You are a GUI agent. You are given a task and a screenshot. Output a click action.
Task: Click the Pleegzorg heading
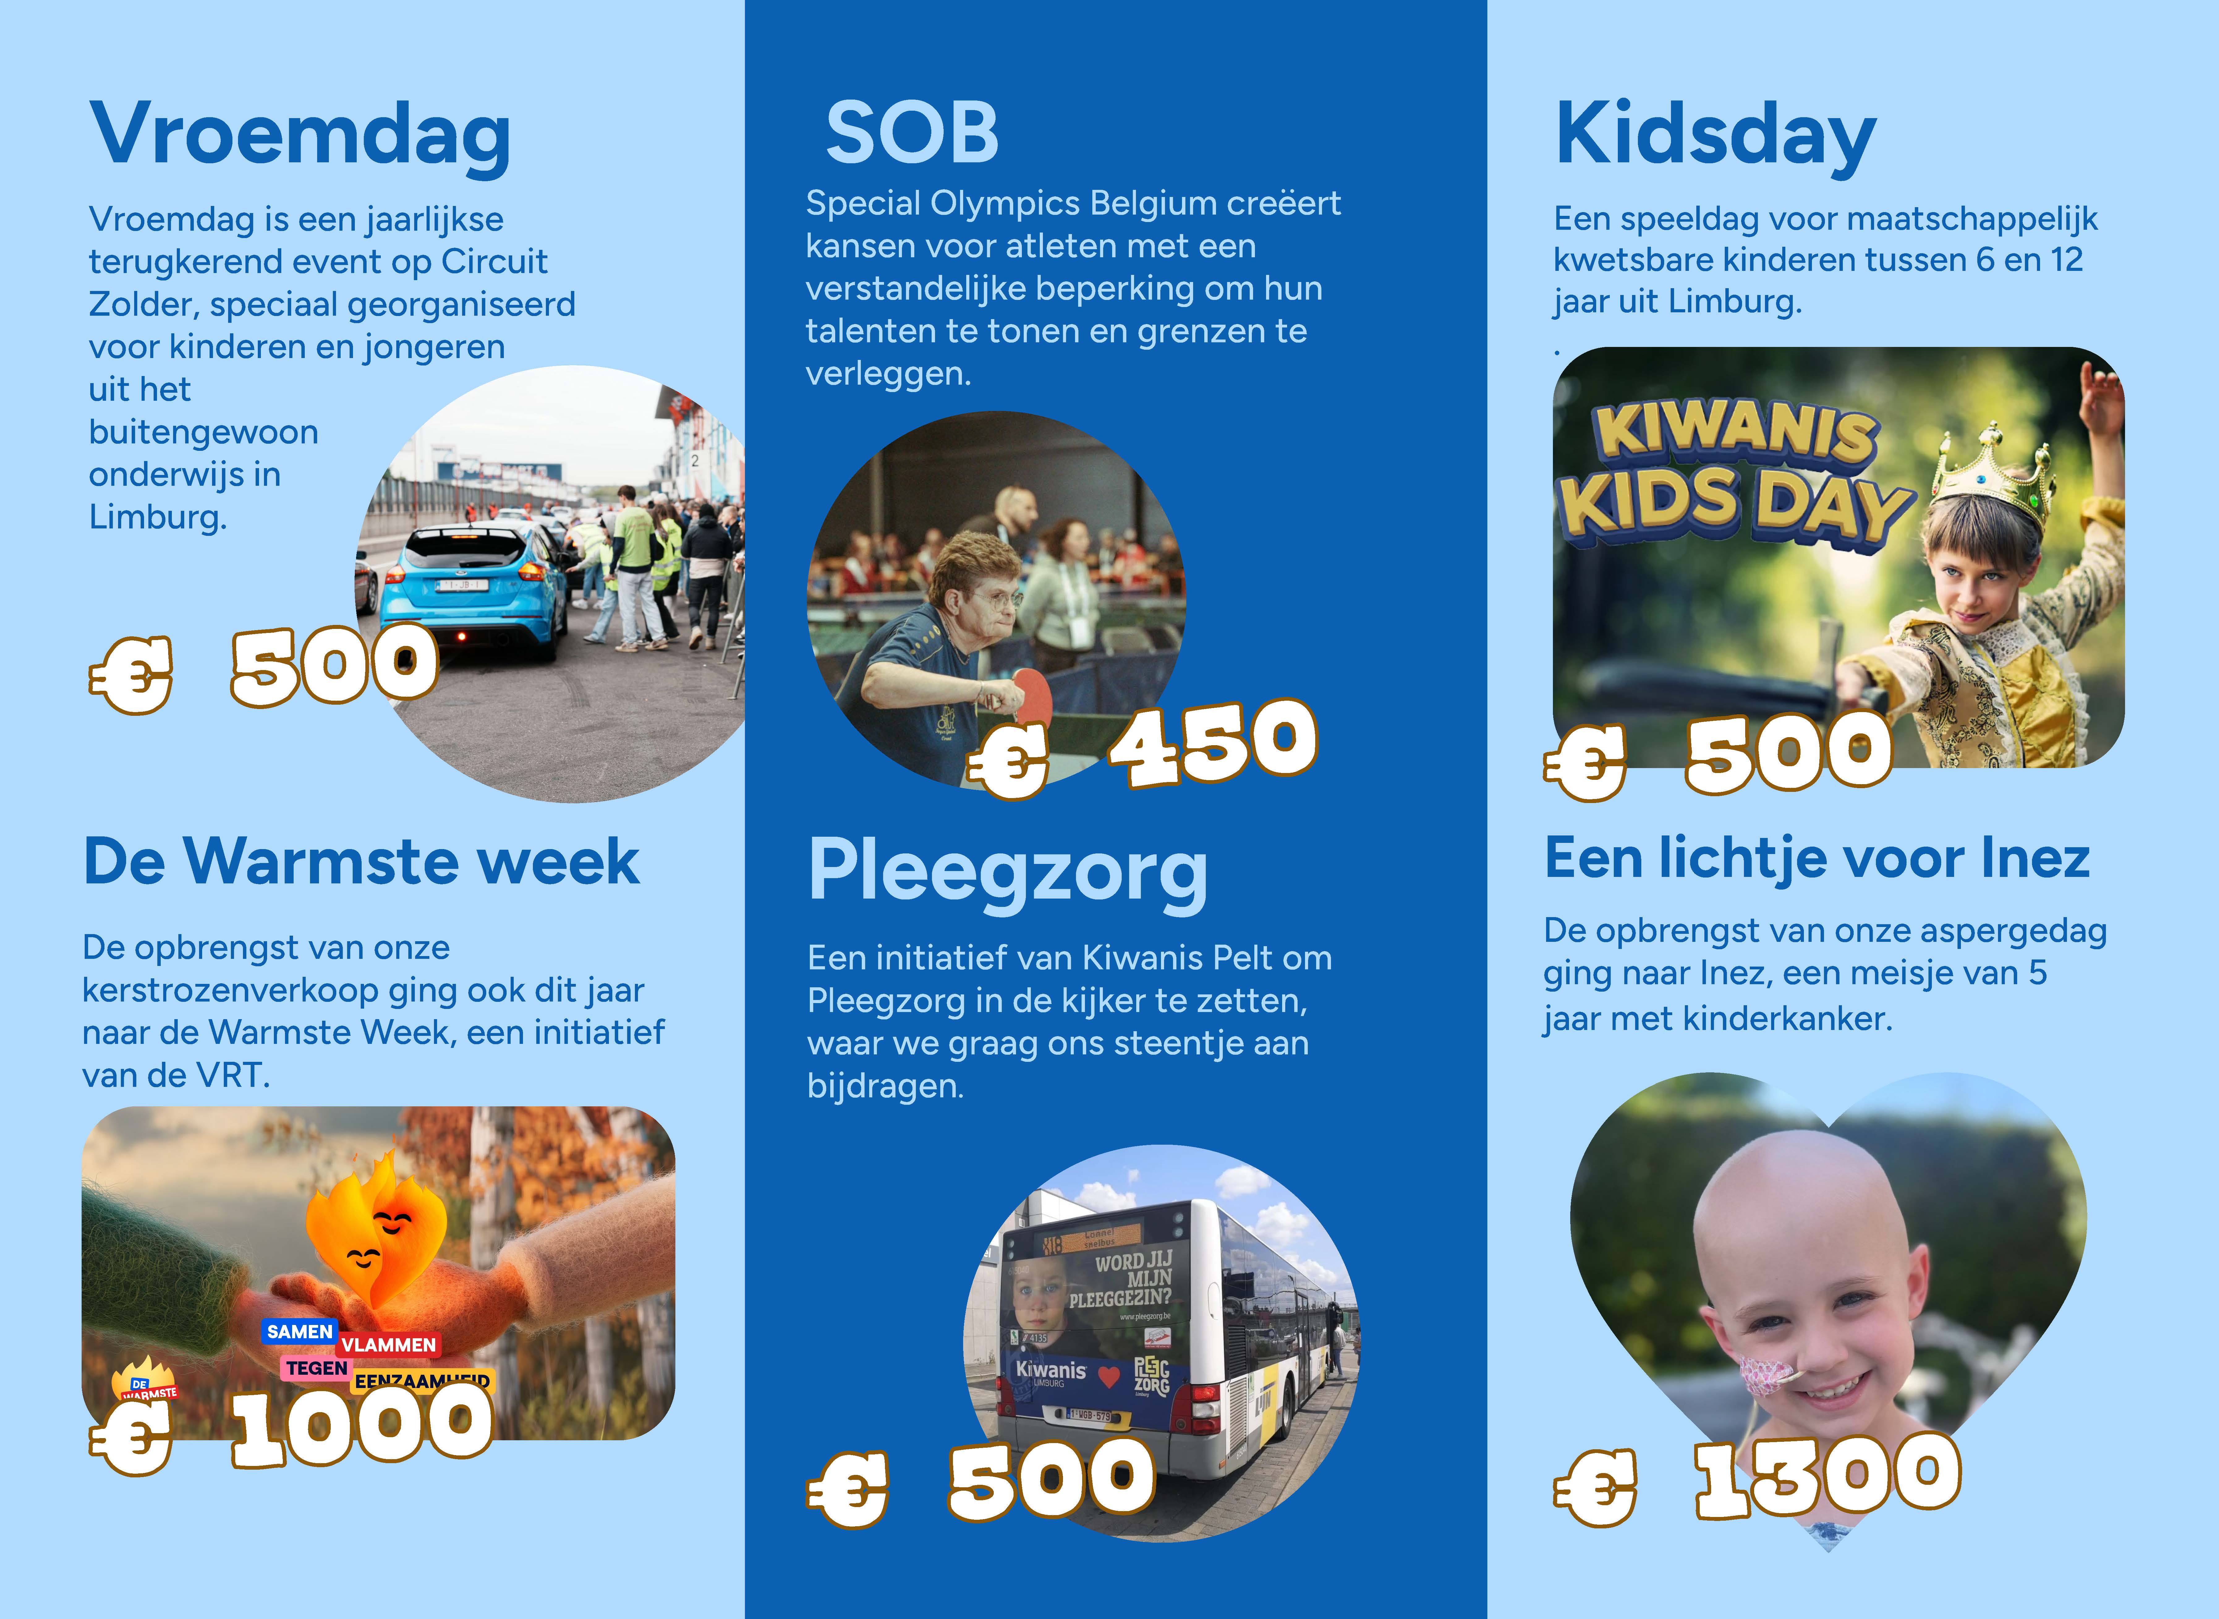point(1007,873)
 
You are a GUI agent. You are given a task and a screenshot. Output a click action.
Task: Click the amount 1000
point(362,1426)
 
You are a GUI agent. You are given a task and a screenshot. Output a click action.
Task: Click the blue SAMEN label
point(300,1331)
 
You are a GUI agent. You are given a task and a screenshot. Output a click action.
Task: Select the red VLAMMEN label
point(388,1345)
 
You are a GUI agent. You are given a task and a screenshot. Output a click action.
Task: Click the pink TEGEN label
point(317,1368)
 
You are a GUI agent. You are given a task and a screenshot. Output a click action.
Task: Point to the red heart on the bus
point(1108,1377)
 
